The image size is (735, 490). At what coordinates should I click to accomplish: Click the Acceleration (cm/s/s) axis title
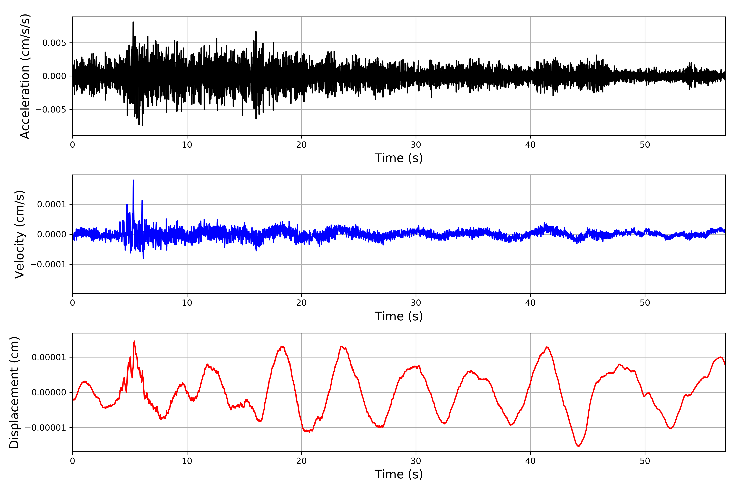pos(25,76)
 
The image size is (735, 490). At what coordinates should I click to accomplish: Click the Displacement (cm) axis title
pos(14,392)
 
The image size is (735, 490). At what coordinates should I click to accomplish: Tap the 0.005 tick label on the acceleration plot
pos(54,43)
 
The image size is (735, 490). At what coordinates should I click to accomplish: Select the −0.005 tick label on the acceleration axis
pos(51,110)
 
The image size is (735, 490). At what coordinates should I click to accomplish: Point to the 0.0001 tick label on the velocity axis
pos(52,204)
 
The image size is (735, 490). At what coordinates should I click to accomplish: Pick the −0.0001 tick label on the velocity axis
pos(48,264)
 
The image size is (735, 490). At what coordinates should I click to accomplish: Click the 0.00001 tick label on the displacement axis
pos(49,357)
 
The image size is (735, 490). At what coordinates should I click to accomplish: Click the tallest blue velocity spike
pos(134,181)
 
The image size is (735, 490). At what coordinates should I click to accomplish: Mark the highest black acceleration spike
pos(133,22)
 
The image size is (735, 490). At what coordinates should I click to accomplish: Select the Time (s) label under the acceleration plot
pos(399,158)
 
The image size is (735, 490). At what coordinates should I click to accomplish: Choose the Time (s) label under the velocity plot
pos(399,316)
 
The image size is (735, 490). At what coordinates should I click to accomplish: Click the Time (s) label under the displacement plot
pos(399,474)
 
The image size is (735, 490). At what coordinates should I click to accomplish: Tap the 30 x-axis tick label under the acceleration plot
pos(416,145)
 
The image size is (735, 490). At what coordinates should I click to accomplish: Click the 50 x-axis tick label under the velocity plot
pos(645,303)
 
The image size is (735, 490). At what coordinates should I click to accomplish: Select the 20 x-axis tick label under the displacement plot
pos(302,461)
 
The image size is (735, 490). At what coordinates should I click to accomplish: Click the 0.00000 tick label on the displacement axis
pos(49,392)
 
